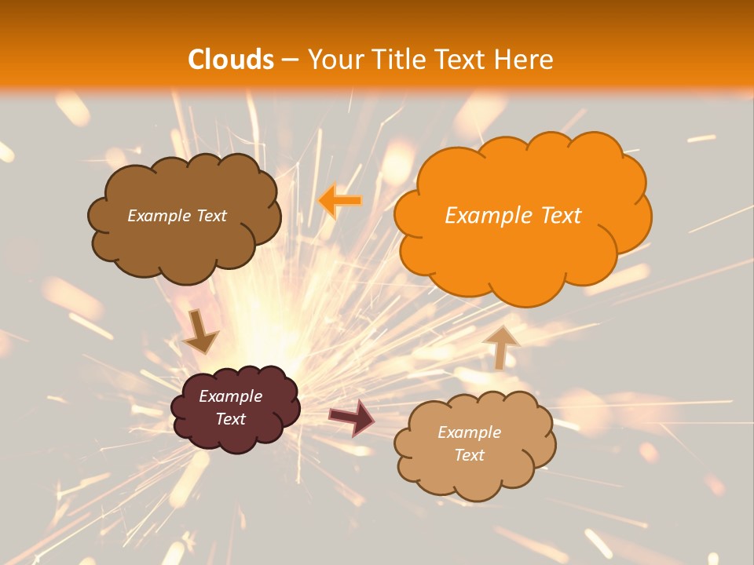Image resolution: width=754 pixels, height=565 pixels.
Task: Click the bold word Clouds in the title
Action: pyautogui.click(x=231, y=60)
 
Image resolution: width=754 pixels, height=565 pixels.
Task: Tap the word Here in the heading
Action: pyautogui.click(x=523, y=60)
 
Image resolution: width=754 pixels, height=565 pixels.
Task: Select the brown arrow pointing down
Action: pyautogui.click(x=201, y=332)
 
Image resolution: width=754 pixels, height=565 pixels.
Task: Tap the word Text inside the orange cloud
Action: pyautogui.click(x=560, y=216)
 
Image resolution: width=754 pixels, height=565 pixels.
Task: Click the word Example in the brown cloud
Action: pyautogui.click(x=159, y=216)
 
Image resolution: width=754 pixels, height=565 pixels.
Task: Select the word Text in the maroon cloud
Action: pyautogui.click(x=231, y=419)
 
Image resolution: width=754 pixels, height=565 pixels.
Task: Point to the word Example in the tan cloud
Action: pyautogui.click(x=469, y=432)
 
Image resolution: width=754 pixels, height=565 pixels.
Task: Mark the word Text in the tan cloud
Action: pyautogui.click(x=469, y=455)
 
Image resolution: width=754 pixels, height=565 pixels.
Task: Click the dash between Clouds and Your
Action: pyautogui.click(x=290, y=60)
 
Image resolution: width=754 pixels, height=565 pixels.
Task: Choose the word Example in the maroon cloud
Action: pyautogui.click(x=231, y=396)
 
